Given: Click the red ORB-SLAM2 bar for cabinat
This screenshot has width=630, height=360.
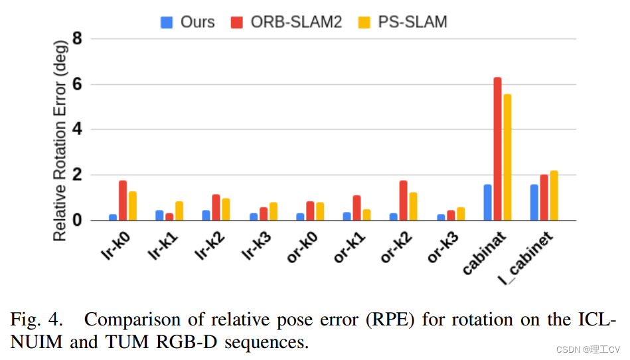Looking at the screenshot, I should (497, 149).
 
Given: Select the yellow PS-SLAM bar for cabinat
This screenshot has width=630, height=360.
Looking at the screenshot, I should (507, 157).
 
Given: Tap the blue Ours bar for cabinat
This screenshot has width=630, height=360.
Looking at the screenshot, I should (487, 203).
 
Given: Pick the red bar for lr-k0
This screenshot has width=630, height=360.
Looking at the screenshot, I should (123, 201).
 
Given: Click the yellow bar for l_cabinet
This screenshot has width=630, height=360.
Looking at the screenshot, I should (554, 196).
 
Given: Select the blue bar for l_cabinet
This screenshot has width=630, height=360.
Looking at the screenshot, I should (534, 203).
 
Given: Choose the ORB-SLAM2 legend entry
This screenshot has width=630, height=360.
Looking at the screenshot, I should (295, 22).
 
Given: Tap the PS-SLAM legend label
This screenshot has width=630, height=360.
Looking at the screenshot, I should (412, 22).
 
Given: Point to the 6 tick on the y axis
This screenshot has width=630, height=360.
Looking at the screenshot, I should (77, 84).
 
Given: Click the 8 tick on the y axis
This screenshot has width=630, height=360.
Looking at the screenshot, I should (77, 39).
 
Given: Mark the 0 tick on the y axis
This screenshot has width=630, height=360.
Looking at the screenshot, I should (77, 220).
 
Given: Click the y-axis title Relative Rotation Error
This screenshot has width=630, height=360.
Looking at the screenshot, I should (60, 139).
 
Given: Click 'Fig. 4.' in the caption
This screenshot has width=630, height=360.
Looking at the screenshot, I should (37, 319).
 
